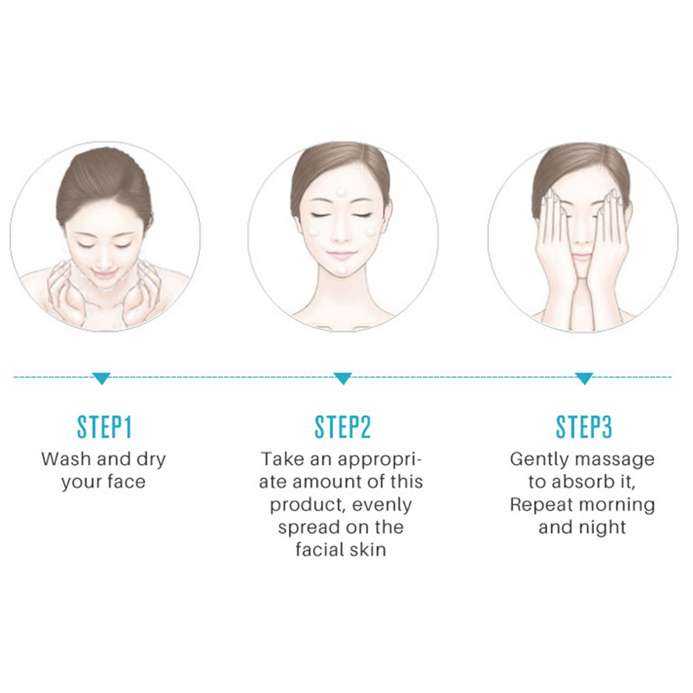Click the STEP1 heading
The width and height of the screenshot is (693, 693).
tap(104, 427)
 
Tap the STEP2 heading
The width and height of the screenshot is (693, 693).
tap(342, 427)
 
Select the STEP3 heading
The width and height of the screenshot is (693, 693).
tap(584, 427)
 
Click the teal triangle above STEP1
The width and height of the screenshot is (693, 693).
tap(102, 379)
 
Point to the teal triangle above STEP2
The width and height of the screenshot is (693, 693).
tap(342, 379)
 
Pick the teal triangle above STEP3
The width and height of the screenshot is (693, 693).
tap(584, 379)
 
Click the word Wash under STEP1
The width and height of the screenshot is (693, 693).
tap(66, 459)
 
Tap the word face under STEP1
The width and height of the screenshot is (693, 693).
tap(126, 482)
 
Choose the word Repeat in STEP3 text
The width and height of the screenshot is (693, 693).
tap(542, 505)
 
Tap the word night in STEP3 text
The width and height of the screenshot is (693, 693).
tap(606, 527)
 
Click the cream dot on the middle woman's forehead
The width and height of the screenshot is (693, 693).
tap(341, 192)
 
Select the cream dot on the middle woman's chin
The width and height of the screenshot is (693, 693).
tap(342, 270)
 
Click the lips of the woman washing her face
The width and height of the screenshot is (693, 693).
tap(105, 274)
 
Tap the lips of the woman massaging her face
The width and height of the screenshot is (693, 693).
tap(581, 258)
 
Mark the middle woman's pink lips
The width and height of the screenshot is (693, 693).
tap(341, 255)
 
